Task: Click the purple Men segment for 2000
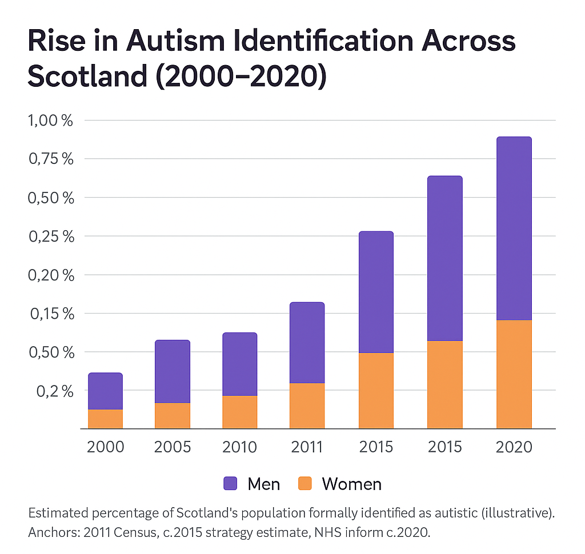[x=105, y=391]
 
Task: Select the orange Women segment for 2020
[x=514, y=374]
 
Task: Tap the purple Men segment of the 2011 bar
[x=307, y=343]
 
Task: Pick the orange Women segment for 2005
[x=172, y=415]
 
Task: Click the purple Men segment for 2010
[x=239, y=364]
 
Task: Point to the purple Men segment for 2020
[x=514, y=228]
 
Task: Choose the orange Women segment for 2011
[x=307, y=406]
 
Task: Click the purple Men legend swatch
[x=230, y=484]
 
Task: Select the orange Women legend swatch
[x=306, y=484]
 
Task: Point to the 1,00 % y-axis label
[x=51, y=121]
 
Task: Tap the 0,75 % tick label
[x=51, y=159]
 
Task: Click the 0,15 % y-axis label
[x=51, y=314]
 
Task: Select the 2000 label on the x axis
[x=105, y=446]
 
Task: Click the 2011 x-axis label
[x=307, y=446]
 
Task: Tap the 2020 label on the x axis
[x=514, y=446]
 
